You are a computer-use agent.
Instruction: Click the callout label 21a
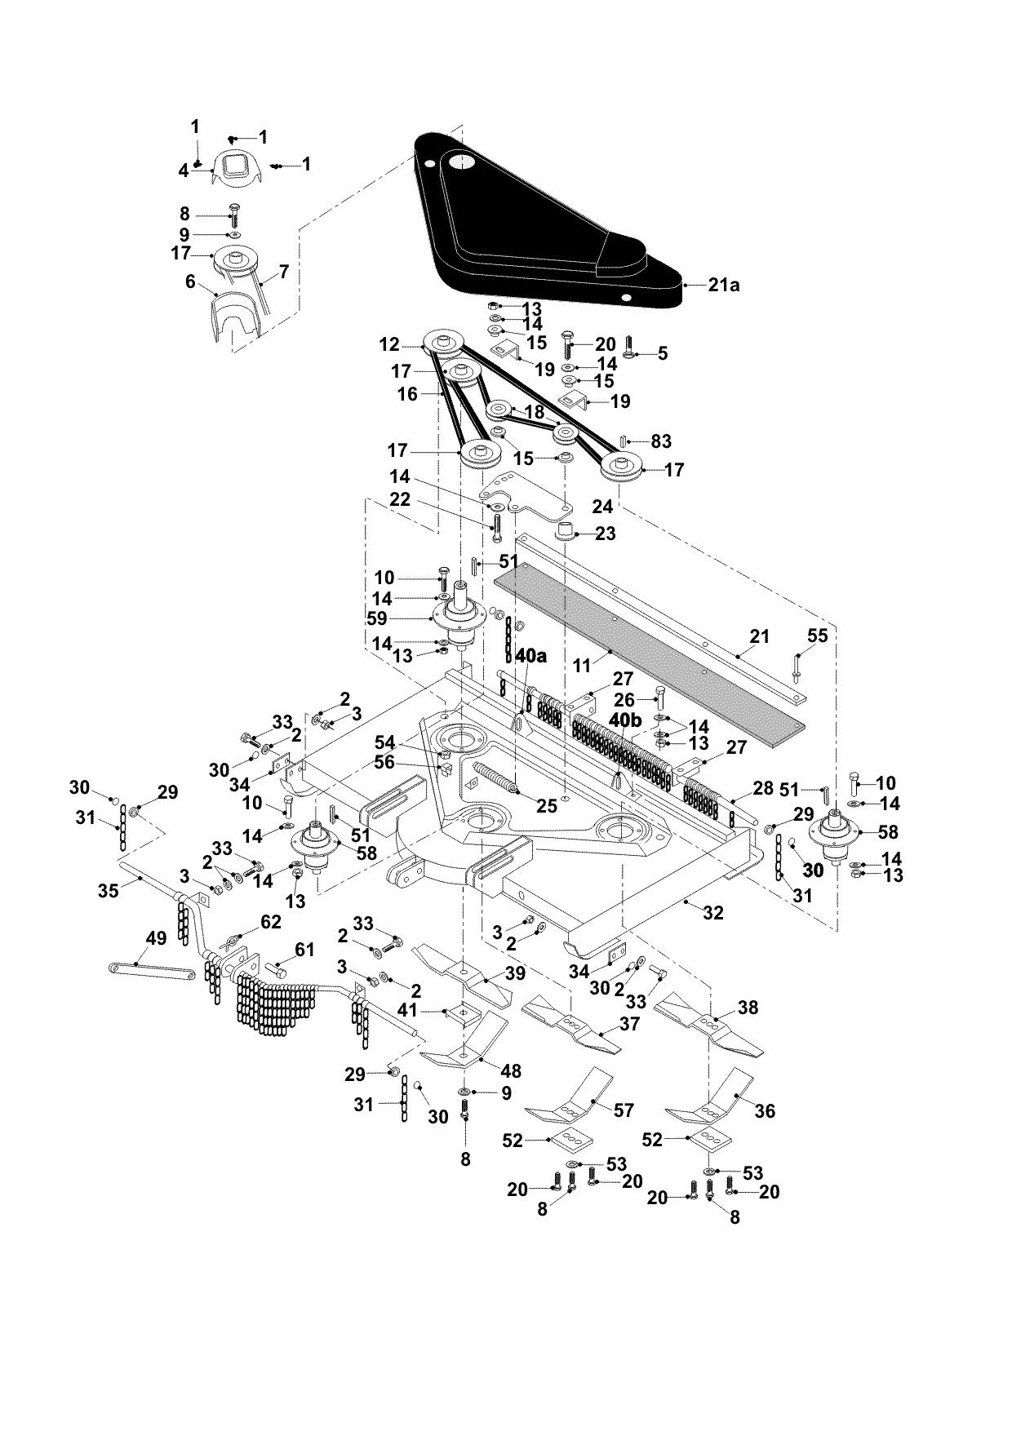pos(723,286)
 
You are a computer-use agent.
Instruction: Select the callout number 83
pos(660,441)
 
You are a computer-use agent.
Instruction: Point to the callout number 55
pos(817,636)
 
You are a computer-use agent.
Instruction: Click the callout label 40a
pos(530,656)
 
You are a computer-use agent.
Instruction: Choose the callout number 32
pos(712,913)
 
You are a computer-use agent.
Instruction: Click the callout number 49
pos(156,939)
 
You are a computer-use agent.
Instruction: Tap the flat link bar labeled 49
pos(152,970)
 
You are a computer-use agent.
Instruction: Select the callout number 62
pos(270,922)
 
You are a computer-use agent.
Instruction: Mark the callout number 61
pos(304,949)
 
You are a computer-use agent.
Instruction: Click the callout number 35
pos(109,890)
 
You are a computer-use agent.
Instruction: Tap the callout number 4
pos(184,171)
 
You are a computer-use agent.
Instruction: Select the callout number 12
pos(389,346)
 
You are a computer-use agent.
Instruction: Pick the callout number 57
pos(623,1110)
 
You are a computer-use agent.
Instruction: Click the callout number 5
pos(662,352)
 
